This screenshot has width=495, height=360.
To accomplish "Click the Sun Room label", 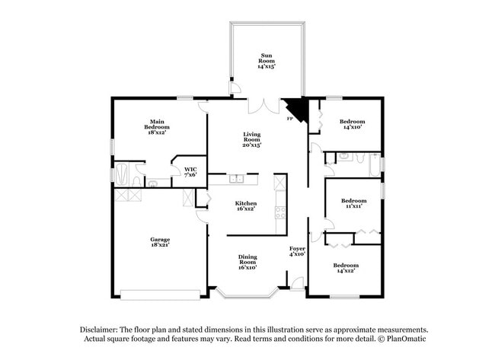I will (x=267, y=61).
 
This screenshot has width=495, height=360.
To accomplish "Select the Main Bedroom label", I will (x=157, y=126).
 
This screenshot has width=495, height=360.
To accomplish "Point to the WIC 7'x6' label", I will (x=190, y=171).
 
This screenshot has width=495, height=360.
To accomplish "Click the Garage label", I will (x=159, y=244).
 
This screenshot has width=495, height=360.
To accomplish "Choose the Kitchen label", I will (x=245, y=207).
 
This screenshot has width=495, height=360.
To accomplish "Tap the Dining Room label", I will (x=247, y=263).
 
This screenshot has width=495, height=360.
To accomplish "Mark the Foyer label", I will (x=297, y=251).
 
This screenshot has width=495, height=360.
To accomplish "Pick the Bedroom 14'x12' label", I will (x=346, y=268).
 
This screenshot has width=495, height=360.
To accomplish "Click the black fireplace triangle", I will (x=296, y=111).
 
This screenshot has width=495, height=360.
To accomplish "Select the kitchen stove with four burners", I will (x=280, y=212).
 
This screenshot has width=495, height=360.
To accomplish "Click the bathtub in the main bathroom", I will (x=122, y=173).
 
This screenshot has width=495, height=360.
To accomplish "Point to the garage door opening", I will (x=160, y=295).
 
